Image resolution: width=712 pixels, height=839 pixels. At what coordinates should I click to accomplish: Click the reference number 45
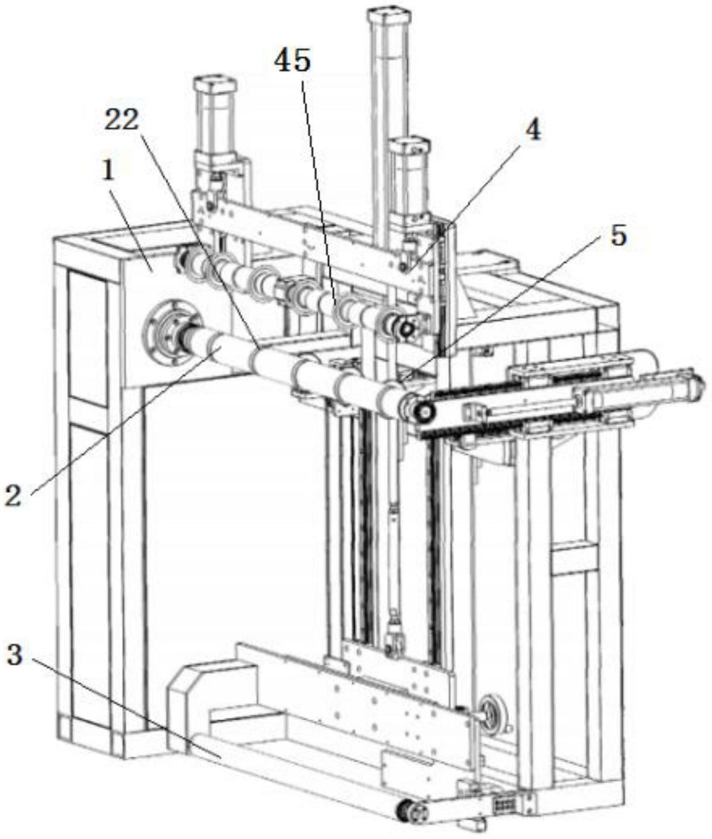click(x=292, y=60)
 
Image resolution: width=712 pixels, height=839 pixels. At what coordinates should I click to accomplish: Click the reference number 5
click(x=618, y=235)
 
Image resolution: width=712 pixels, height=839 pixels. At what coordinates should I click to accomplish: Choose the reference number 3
click(x=14, y=656)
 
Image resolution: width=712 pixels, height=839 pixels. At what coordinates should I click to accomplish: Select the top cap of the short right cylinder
click(x=410, y=146)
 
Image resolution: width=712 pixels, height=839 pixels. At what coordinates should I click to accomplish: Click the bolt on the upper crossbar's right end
click(x=403, y=266)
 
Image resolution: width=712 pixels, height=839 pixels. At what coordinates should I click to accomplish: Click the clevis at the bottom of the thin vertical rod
click(x=394, y=632)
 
